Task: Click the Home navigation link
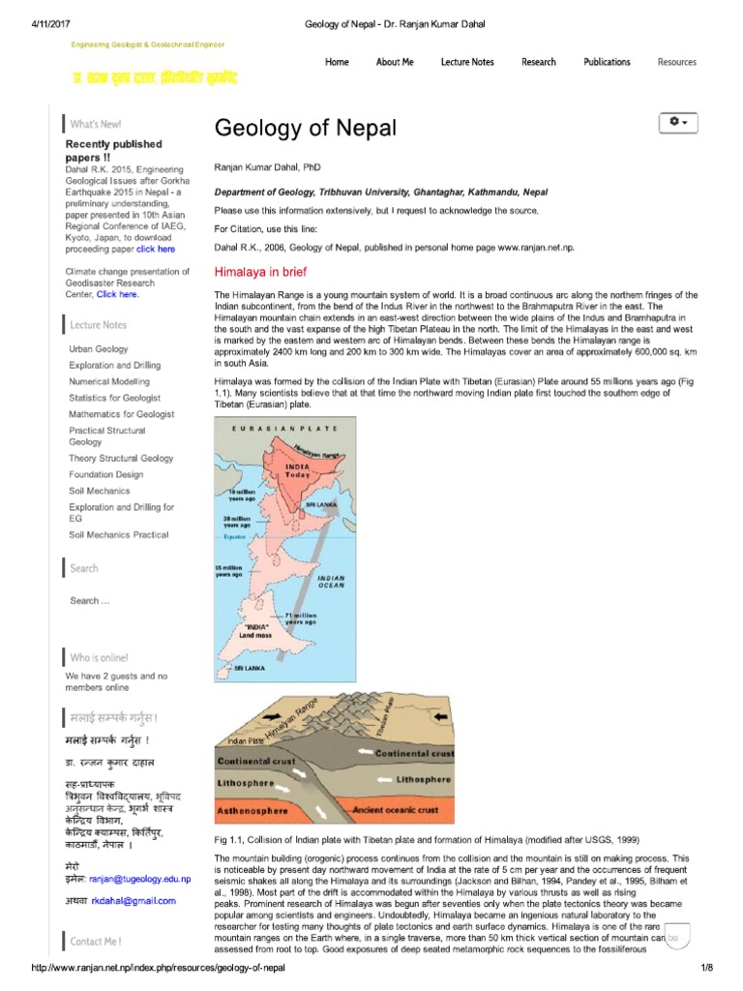tap(337, 62)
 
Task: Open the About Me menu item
tap(395, 62)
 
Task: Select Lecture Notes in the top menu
tap(467, 62)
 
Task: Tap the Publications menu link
tap(607, 62)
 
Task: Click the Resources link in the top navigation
tap(676, 62)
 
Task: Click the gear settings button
tap(677, 123)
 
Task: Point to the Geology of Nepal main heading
tap(305, 129)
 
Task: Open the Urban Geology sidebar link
tap(99, 349)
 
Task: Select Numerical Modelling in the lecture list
tap(109, 381)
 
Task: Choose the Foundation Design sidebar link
tap(106, 475)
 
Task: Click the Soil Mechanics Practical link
tap(119, 535)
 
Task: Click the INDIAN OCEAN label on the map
tap(331, 582)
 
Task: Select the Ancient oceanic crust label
tap(396, 809)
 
